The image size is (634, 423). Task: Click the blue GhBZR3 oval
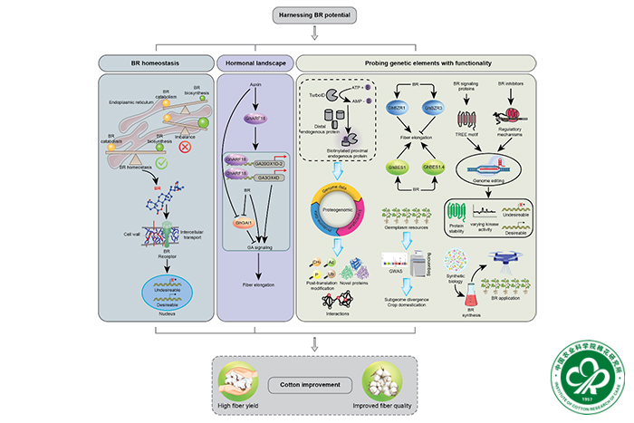(433, 106)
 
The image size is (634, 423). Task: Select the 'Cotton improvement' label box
(313, 384)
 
